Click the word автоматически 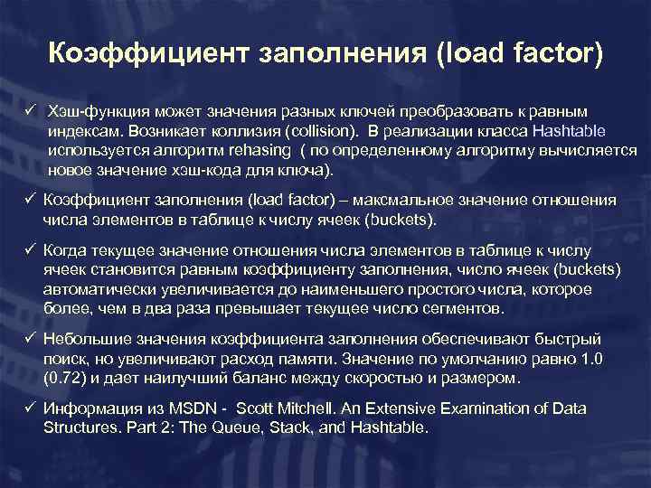[99, 289]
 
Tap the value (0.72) [65, 377]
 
